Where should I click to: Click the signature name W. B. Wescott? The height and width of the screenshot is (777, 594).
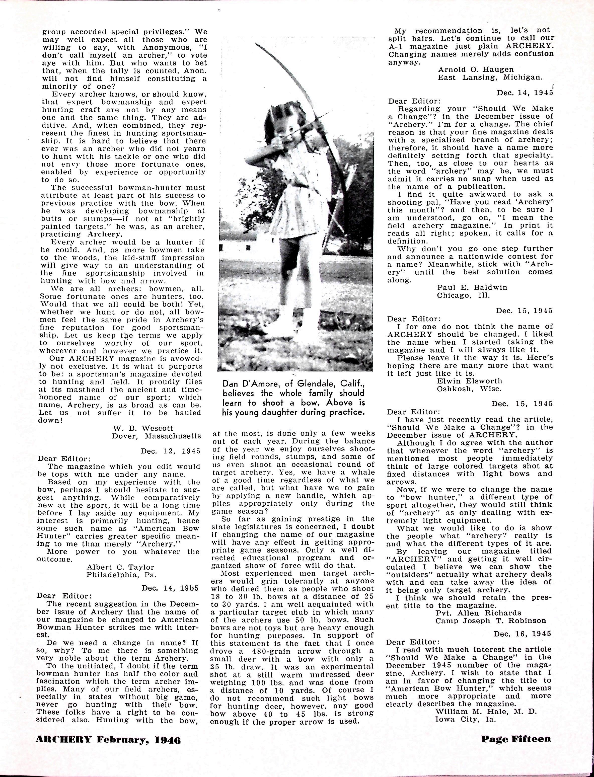click(x=143, y=428)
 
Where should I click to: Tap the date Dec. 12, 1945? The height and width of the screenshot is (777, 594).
click(x=170, y=451)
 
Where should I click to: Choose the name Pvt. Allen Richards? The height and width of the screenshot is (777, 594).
click(x=478, y=613)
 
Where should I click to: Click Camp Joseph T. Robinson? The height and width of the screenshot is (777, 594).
click(x=490, y=621)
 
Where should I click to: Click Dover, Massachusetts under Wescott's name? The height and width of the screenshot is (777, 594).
click(x=156, y=436)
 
